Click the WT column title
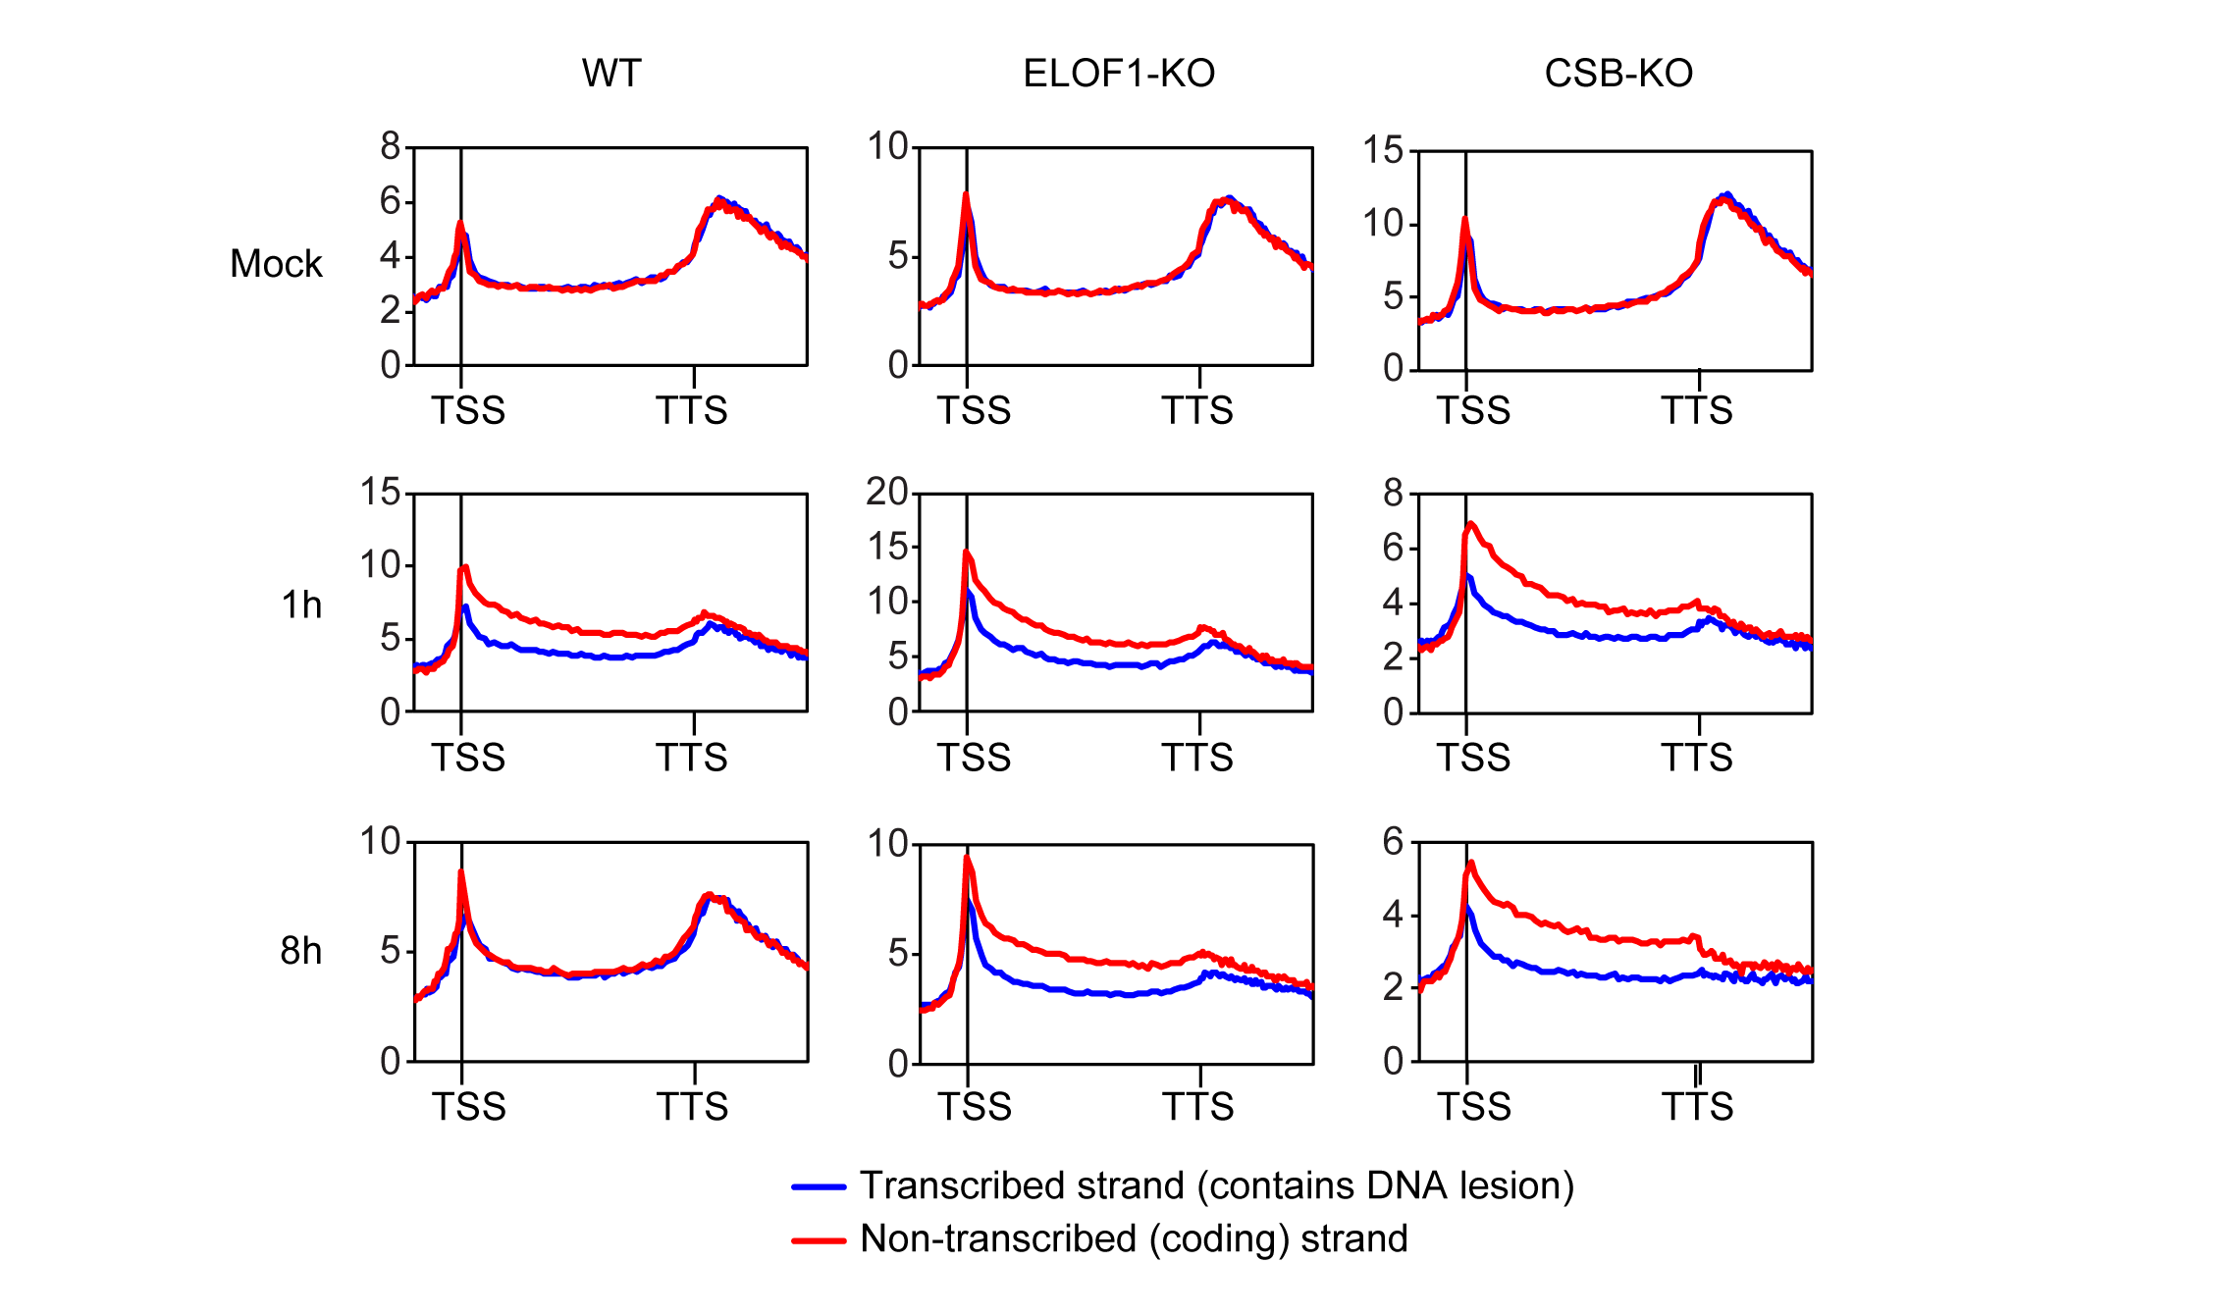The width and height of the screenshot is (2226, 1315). (611, 74)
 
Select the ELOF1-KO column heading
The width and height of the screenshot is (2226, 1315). (1119, 74)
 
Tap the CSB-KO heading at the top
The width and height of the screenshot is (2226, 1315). (1618, 74)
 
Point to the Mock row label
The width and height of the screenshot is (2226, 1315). (276, 264)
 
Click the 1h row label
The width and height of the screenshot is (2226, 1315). (301, 605)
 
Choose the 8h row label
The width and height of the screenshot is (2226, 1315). (300, 951)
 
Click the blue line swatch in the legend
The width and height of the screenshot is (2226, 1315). (819, 1186)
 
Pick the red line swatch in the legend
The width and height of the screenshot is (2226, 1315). (819, 1240)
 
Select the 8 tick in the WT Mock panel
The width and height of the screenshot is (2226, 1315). (391, 147)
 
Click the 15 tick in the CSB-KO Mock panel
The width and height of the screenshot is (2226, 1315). (1383, 150)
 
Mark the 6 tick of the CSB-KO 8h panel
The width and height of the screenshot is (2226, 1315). (1393, 841)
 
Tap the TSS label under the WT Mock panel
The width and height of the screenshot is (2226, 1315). (468, 410)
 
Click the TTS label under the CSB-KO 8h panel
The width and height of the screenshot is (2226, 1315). (1697, 1107)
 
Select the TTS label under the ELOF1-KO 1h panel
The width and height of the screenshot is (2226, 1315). (1197, 758)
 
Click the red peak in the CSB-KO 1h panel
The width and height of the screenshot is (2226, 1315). (1470, 524)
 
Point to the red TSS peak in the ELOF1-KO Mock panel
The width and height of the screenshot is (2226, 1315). (966, 195)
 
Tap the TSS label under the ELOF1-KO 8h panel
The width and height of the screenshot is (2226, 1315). (974, 1107)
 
